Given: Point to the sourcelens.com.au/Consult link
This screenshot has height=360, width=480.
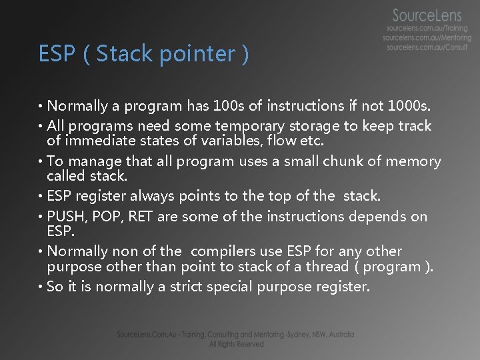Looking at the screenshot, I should [427, 48].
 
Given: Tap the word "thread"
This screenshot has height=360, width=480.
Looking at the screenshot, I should [327, 267].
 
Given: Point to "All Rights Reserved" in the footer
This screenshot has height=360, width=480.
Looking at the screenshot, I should [236, 344].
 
